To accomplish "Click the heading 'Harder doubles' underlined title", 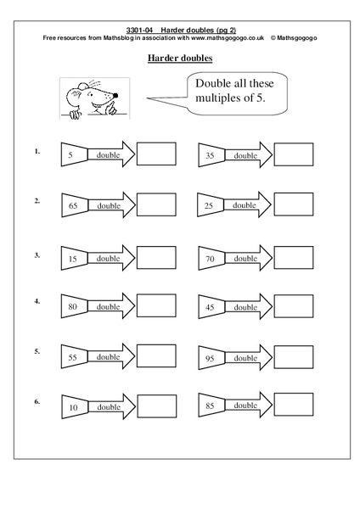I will pos(180,58).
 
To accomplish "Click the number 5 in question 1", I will pos(70,155).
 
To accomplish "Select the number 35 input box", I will pos(209,155).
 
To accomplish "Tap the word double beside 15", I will pos(107,258).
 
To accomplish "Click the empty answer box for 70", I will pos(294,256).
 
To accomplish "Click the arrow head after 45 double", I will pos(266,306).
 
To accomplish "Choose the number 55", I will pos(72,358).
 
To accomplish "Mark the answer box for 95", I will pos(294,357).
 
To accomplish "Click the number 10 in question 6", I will pos(72,407).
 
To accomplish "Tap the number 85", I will pos(209,405).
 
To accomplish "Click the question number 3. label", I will pos(37,254).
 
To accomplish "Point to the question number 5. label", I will pos(37,350).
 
